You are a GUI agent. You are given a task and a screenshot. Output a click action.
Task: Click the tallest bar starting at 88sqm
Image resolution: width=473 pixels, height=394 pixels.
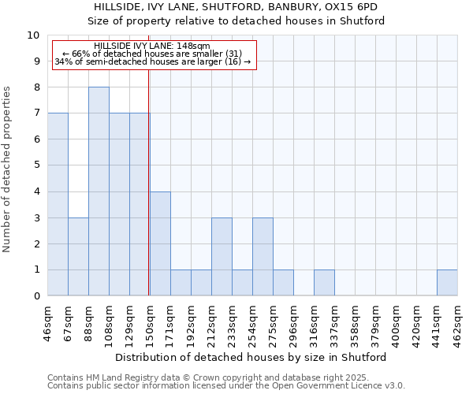click(99, 191)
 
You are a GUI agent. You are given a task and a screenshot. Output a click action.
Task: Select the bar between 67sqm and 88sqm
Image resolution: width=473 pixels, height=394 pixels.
click(78, 257)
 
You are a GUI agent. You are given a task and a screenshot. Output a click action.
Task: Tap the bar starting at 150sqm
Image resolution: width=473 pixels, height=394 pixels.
click(160, 243)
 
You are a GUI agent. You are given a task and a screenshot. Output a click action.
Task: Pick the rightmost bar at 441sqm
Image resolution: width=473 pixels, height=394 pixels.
click(447, 283)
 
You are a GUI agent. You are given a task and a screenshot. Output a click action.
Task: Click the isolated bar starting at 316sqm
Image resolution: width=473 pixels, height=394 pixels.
click(324, 283)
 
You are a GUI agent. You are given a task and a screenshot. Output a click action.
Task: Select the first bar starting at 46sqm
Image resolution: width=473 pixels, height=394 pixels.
click(58, 205)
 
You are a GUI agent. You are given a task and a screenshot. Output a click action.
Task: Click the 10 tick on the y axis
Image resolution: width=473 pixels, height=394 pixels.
click(34, 35)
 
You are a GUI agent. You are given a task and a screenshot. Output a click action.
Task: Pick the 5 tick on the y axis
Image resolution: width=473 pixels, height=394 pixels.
click(36, 165)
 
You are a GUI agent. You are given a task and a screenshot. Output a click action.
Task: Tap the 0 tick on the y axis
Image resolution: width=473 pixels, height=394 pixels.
click(36, 296)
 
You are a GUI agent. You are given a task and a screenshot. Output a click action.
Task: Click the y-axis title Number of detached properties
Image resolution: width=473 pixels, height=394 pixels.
click(8, 169)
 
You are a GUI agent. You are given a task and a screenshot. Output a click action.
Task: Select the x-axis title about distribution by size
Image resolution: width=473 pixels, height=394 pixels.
click(252, 357)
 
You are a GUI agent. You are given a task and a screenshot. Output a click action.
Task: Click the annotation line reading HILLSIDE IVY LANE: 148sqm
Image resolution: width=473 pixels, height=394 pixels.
click(151, 46)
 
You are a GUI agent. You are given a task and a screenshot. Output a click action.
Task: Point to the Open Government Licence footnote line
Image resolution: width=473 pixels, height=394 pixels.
click(226, 386)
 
